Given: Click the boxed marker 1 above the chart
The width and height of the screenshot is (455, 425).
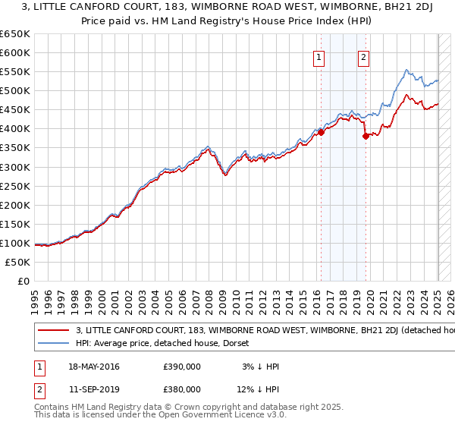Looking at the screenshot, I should pos(319,58).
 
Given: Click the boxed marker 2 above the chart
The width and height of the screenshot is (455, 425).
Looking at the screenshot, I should pos(364,58).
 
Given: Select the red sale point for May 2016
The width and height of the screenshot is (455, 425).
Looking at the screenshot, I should pos(321,132).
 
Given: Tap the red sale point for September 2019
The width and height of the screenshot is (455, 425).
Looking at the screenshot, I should pos(366,136).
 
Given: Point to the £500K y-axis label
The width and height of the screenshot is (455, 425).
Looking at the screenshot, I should pos(16,91).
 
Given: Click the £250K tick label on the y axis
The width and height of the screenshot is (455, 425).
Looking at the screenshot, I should pos(16,186).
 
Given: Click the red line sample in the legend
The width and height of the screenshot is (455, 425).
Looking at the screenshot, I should pos(53,331).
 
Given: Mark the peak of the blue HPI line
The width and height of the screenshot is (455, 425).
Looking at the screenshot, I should pos(406,70).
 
